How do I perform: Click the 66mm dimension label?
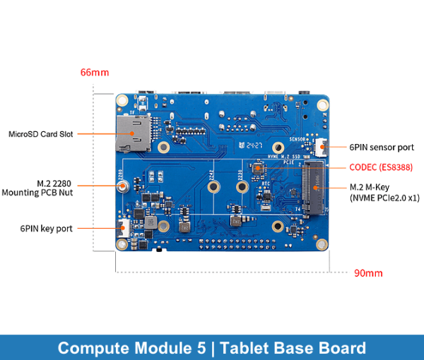coord(95,73)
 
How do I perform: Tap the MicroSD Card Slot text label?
coord(40,133)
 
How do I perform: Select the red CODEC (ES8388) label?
coord(382,167)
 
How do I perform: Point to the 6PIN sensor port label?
coord(382,148)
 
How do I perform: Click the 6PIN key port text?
coord(46,228)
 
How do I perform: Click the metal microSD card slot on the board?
coord(132,133)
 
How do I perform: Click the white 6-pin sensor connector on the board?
coord(322,148)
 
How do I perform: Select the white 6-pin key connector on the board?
coord(121,229)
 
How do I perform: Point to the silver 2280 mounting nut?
coord(123,187)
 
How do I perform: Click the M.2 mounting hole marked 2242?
coord(213,187)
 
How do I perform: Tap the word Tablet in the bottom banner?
coord(247,348)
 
